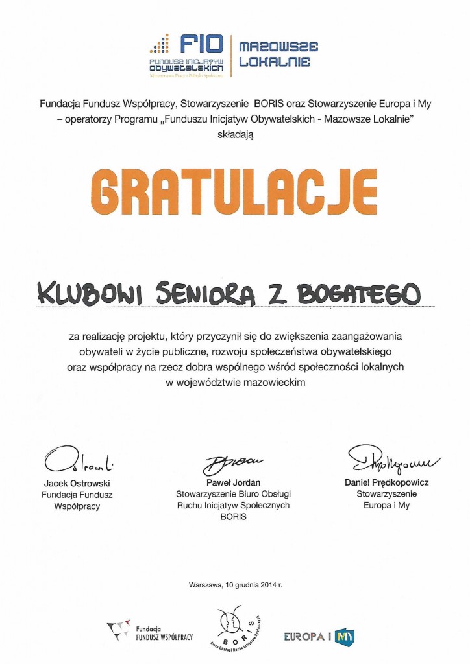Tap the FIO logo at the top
pos(188,54)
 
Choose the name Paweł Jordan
pos(232,484)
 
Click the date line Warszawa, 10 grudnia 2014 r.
pos(236,584)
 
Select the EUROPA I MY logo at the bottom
pos(318,636)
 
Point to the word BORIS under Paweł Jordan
pos(232,517)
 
